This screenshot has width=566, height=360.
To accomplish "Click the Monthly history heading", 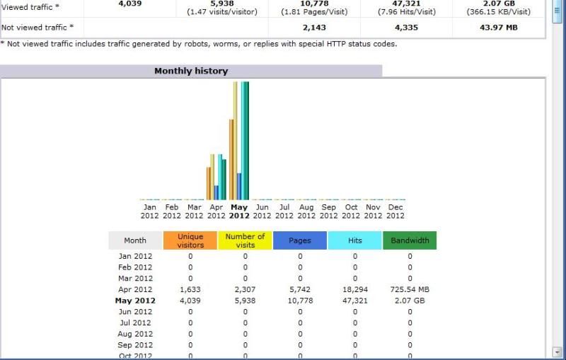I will click(191, 71).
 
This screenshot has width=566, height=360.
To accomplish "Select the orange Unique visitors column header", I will click(190, 240).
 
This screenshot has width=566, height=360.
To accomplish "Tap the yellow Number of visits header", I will click(245, 240).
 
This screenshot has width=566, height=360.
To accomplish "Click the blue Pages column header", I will click(300, 240).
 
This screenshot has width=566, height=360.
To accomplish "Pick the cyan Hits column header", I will click(355, 240).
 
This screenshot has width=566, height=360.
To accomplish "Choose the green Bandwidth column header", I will click(410, 240).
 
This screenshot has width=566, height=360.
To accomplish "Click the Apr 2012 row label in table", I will click(135, 289).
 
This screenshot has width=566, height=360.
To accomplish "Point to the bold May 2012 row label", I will click(135, 301).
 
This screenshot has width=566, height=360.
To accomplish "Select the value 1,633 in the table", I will click(191, 289).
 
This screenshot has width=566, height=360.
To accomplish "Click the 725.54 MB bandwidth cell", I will click(410, 289).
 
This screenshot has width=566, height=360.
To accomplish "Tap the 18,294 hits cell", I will click(355, 289).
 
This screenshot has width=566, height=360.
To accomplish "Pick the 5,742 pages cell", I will click(300, 289).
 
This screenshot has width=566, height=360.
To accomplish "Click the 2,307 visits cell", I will click(246, 289).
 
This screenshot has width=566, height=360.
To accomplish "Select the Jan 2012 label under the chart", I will click(149, 211).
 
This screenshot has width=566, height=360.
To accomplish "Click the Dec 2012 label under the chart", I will click(395, 211).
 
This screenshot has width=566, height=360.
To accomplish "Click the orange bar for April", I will click(209, 183).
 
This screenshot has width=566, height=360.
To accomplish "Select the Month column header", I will click(135, 240).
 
